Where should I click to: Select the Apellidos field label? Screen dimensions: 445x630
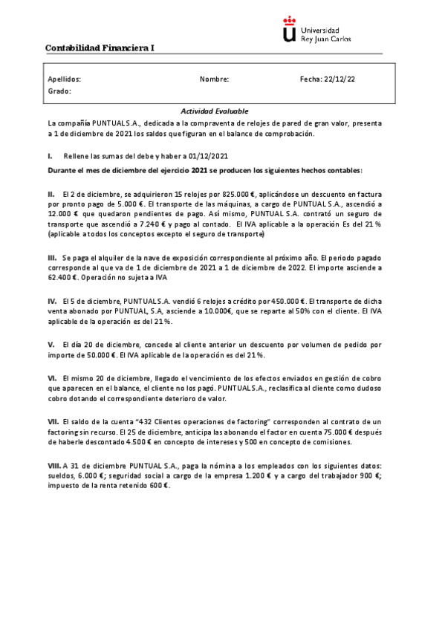pyautogui.click(x=64, y=78)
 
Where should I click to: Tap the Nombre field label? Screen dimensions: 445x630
pyautogui.click(x=214, y=78)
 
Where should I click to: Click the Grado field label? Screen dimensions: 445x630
pyautogui.click(x=59, y=91)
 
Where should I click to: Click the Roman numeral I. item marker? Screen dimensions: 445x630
pyautogui.click(x=50, y=156)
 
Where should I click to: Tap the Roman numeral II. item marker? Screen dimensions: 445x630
pyautogui.click(x=51, y=193)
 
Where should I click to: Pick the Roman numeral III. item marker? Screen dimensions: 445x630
pyautogui.click(x=52, y=256)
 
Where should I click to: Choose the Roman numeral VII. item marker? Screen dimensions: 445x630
pyautogui.click(x=53, y=421)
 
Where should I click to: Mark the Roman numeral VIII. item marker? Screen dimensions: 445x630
pyautogui.click(x=54, y=464)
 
